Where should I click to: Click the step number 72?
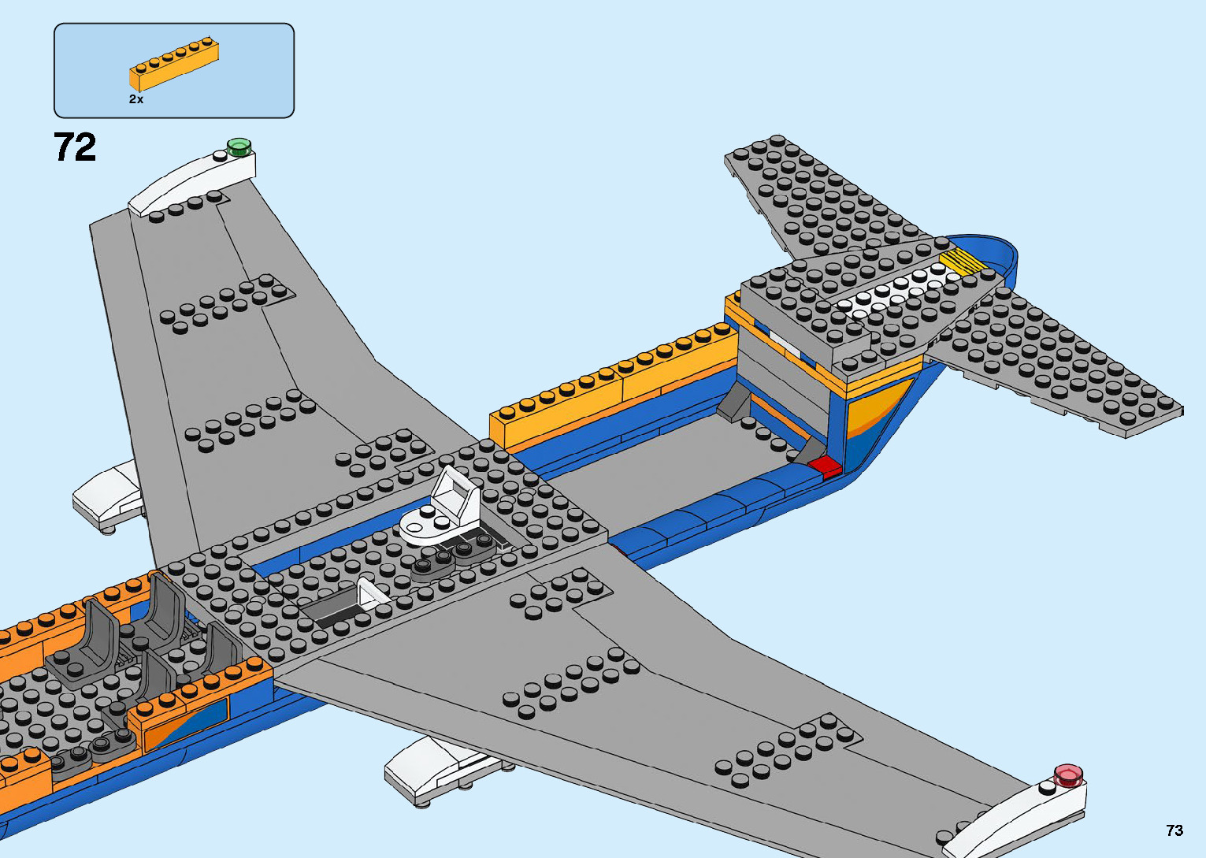[76, 147]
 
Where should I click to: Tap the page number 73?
[1174, 830]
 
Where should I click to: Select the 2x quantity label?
[136, 99]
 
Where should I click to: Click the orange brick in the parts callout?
[173, 65]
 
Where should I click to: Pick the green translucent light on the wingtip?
[238, 146]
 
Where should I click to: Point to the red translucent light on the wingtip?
[1068, 774]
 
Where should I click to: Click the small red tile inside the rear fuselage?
[826, 466]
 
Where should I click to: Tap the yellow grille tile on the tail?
[962, 262]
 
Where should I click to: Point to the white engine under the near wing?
[429, 768]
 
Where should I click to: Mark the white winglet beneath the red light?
[1016, 819]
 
